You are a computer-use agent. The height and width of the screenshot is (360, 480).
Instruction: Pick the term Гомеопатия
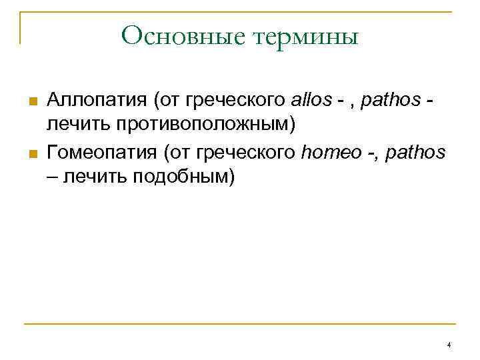click(102, 153)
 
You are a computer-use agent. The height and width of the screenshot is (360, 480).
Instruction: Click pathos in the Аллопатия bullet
click(390, 101)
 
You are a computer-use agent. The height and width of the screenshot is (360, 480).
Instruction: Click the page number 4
click(449, 345)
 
